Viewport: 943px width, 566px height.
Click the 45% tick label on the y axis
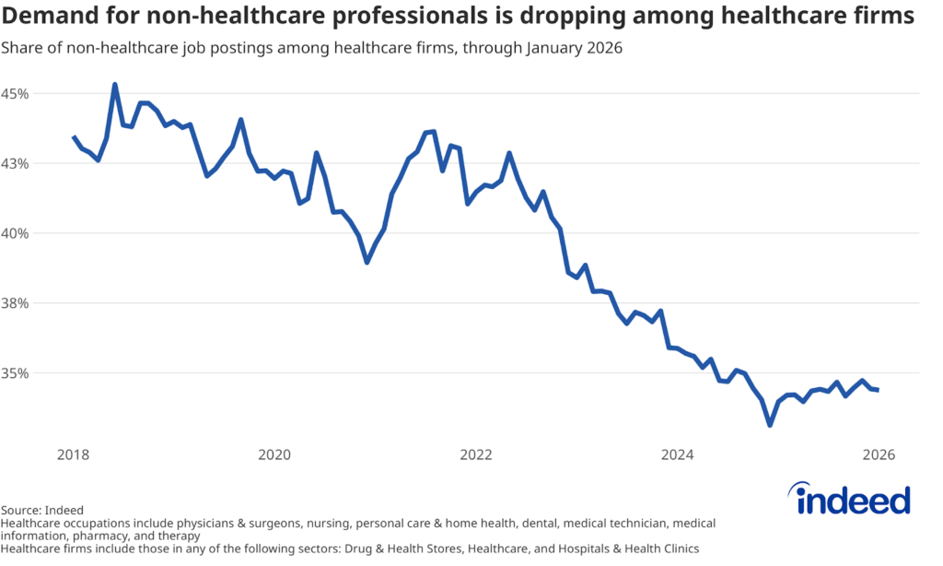[x=17, y=93]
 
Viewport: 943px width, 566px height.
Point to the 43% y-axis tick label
[x=17, y=163]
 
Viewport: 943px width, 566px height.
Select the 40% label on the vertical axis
[x=17, y=233]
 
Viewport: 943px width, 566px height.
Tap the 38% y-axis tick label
[x=17, y=303]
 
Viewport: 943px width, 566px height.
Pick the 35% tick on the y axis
[x=17, y=373]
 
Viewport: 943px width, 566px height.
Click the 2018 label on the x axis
[x=73, y=454]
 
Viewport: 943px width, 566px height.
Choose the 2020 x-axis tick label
[x=274, y=454]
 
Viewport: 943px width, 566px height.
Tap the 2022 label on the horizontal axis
[x=476, y=454]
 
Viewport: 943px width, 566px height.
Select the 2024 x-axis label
[x=678, y=454]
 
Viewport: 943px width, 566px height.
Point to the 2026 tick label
[x=879, y=454]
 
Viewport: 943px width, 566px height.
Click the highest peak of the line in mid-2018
[x=115, y=85]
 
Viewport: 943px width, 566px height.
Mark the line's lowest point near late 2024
[x=770, y=425]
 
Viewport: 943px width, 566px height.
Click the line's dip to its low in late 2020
[x=367, y=263]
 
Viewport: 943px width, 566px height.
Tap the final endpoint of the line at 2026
[x=879, y=390]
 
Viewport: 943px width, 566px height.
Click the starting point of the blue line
[x=74, y=136]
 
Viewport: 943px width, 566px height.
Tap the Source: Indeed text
[x=42, y=510]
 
